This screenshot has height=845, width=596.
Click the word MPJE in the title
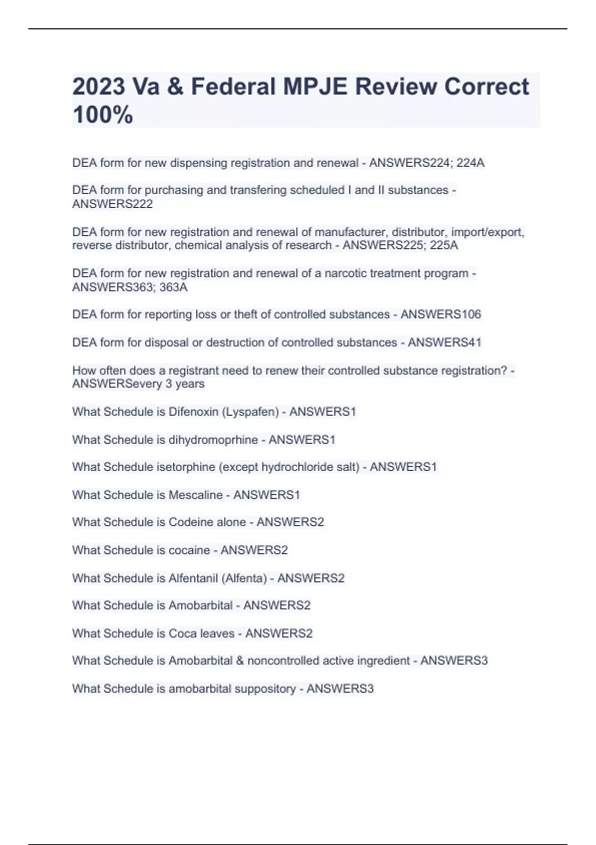315,86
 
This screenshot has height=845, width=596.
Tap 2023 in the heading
99,86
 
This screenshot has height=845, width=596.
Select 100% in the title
103,115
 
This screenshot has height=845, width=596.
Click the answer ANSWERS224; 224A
427,163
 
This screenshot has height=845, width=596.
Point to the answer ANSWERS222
112,204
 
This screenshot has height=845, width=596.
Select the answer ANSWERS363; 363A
130,287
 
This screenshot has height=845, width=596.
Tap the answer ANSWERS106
441,315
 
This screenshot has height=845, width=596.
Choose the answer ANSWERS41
445,342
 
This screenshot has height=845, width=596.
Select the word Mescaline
196,495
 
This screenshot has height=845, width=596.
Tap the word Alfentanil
193,578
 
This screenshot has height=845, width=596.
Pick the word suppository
265,689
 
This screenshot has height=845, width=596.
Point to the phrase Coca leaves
202,633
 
